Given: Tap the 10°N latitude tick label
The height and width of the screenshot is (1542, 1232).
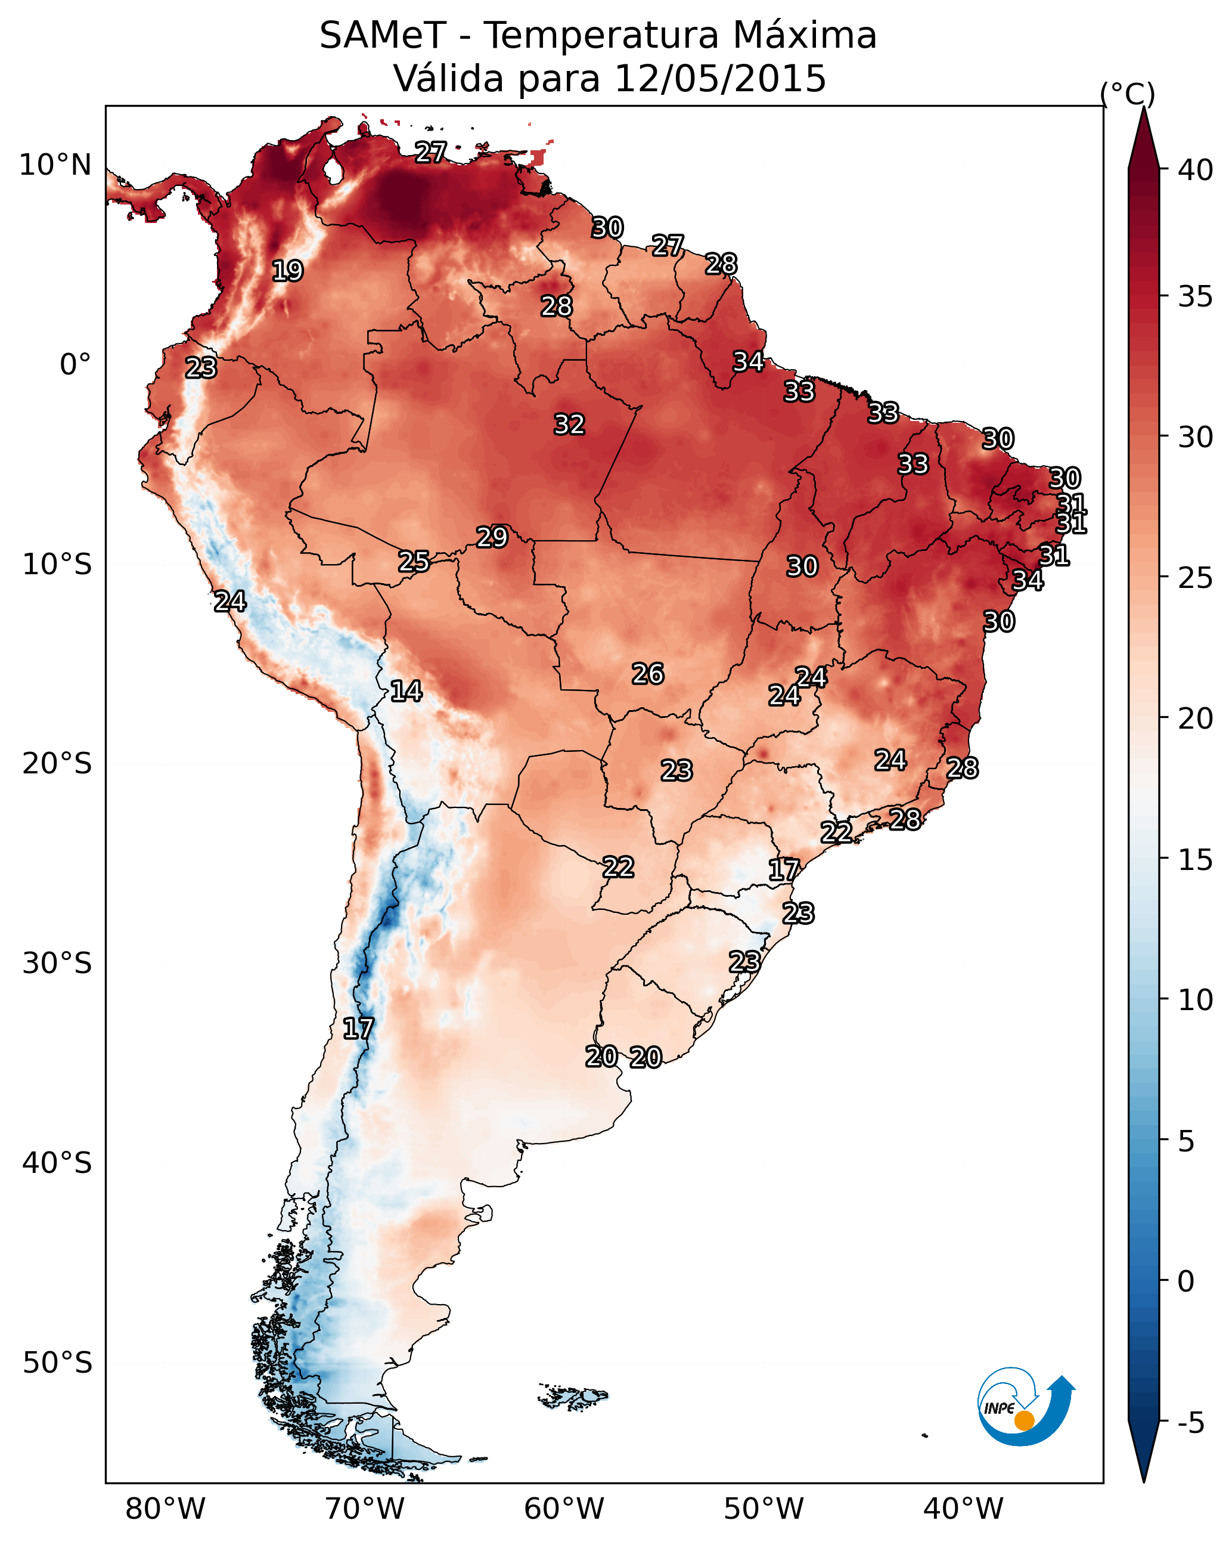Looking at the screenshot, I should (x=55, y=165).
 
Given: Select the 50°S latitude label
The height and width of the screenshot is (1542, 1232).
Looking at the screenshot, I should (x=57, y=1363).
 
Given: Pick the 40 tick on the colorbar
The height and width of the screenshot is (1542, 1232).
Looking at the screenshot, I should (x=1195, y=170).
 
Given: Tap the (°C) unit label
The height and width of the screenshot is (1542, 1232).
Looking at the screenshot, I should (x=1127, y=94).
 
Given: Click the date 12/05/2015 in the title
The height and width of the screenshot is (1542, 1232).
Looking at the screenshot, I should (x=720, y=79).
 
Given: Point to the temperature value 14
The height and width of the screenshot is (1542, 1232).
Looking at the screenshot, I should (x=406, y=691).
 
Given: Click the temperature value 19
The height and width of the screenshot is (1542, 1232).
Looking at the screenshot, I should (x=287, y=271).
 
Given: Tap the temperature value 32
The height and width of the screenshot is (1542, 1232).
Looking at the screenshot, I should (x=569, y=424).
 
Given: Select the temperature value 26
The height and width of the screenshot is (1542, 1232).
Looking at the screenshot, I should (x=648, y=674).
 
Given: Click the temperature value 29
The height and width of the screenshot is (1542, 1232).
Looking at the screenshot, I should (x=492, y=537).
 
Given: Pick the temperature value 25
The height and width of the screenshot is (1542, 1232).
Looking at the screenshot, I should (x=414, y=562).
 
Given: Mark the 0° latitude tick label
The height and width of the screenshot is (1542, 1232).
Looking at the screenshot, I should (x=75, y=365).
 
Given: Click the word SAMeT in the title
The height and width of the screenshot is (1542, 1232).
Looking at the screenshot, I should (x=383, y=36).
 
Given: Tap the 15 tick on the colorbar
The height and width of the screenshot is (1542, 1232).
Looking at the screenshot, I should (x=1195, y=860).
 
